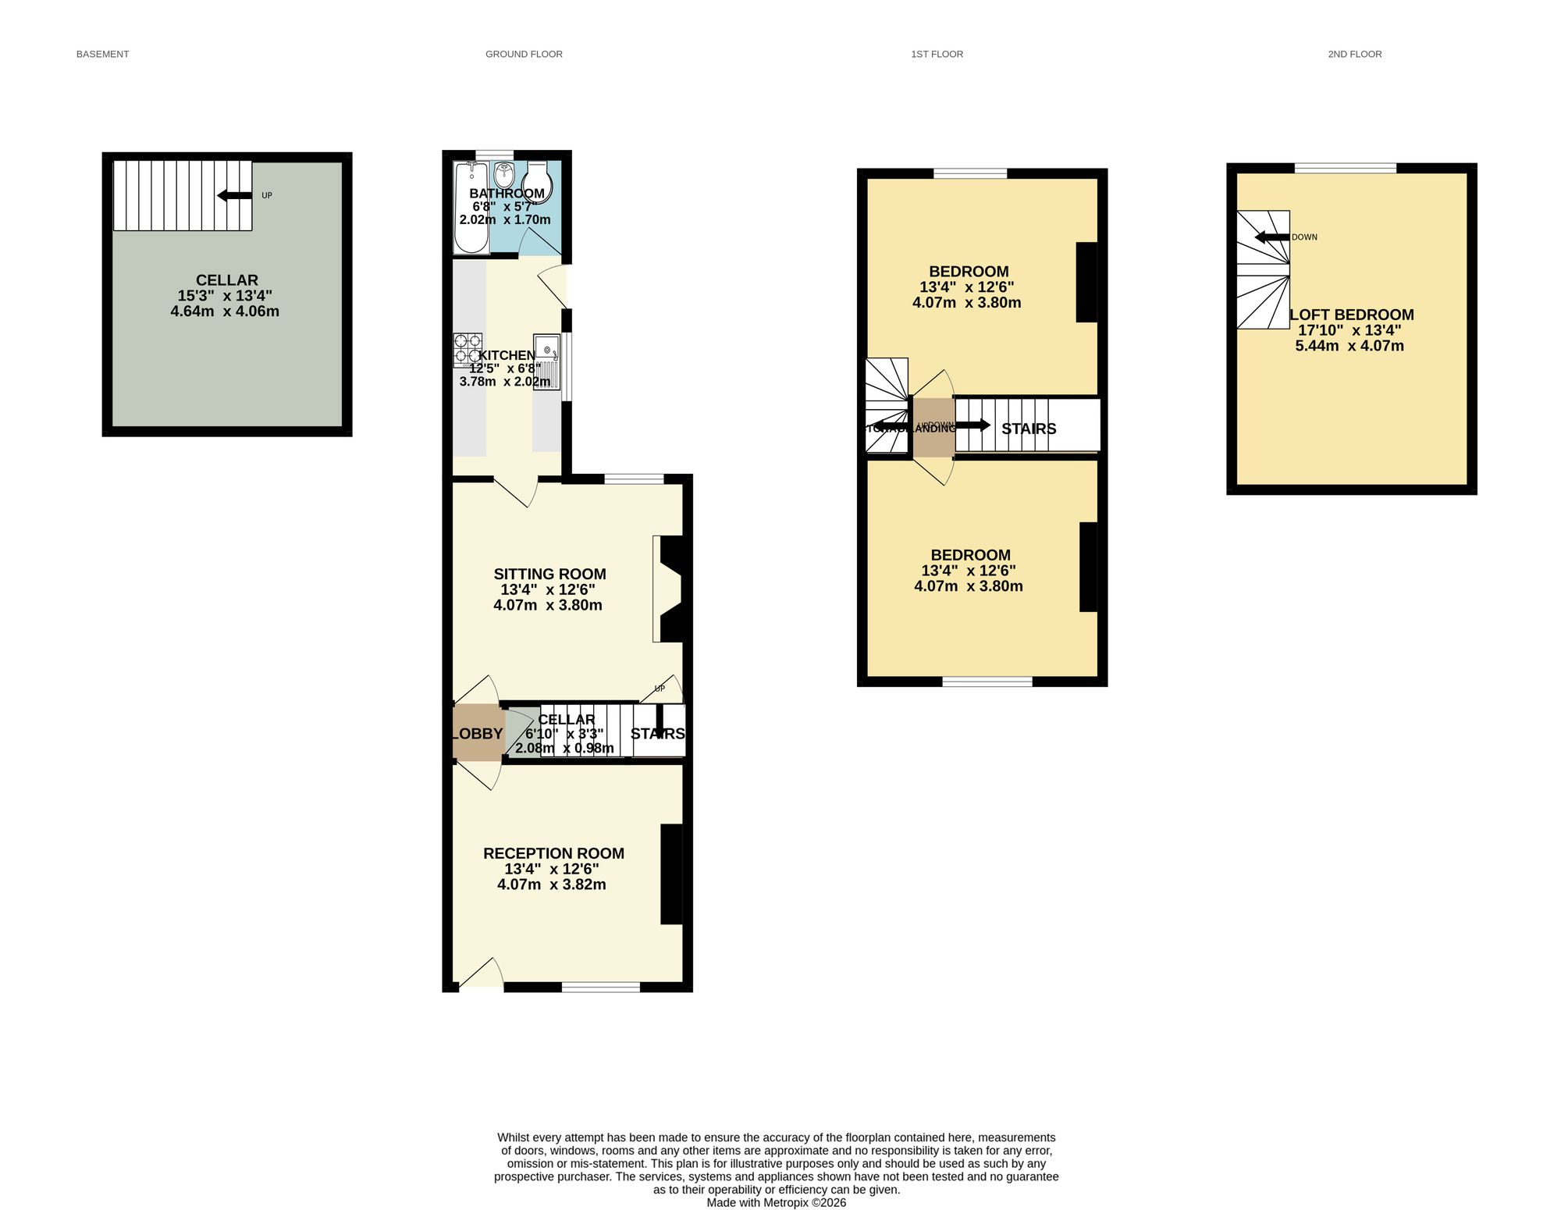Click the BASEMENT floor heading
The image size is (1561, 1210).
pos(102,54)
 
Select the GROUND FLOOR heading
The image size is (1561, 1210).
pos(524,54)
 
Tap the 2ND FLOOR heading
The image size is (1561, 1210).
pos(1354,54)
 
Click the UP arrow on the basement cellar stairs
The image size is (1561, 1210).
pos(234,195)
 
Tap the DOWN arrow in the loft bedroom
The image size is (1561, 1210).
pos(1271,237)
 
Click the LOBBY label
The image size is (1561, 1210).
pos(478,734)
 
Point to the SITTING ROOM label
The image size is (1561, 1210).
pos(549,574)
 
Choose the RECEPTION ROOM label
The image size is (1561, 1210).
pos(553,853)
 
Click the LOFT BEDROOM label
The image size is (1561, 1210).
pos(1351,315)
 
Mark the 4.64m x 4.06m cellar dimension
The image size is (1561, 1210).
pos(225,311)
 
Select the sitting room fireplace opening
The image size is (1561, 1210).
pos(667,589)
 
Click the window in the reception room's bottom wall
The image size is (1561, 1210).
pos(600,987)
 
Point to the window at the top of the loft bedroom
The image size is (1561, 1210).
pos(1346,167)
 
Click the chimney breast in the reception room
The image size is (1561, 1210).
pos(671,874)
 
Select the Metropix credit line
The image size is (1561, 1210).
pos(776,1203)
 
